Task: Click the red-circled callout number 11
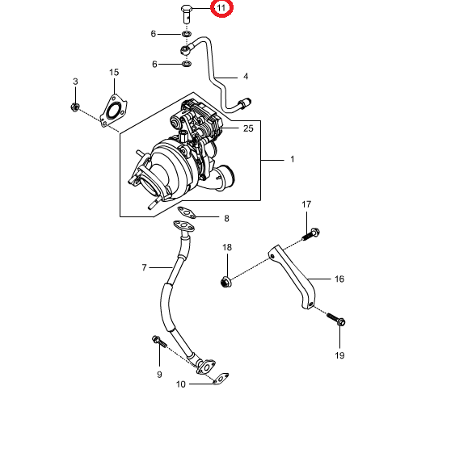point(221,8)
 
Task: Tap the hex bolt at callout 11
point(187,15)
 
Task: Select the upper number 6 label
point(154,34)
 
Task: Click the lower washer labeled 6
point(187,64)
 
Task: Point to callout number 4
point(246,77)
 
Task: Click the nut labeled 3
point(75,107)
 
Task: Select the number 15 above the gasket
point(114,72)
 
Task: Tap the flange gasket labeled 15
point(113,111)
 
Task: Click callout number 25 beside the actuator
point(248,128)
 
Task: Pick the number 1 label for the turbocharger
point(293,159)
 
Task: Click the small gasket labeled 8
point(187,212)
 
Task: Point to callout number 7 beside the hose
point(144,267)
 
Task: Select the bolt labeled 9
point(159,342)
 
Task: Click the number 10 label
point(180,384)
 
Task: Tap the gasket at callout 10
point(221,379)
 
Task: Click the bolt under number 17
point(311,234)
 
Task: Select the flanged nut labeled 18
point(225,282)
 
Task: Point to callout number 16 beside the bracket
point(339,279)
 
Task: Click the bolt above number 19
point(336,319)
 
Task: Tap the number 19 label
point(339,355)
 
